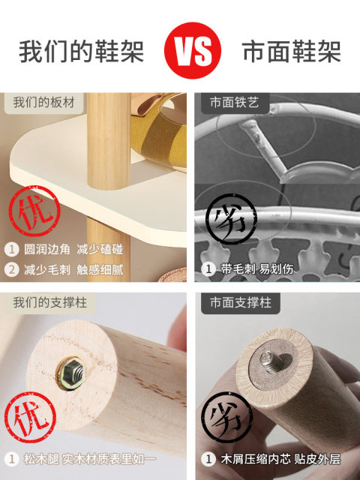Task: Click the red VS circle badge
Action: click(193, 50)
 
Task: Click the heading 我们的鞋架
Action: click(82, 52)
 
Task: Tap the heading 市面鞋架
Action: click(292, 52)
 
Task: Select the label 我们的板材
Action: click(43, 103)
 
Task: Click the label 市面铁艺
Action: click(235, 103)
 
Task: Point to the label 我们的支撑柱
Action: click(50, 303)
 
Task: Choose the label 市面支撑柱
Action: click(241, 303)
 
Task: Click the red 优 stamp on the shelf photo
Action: click(34, 211)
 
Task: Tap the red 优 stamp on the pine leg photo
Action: click(30, 417)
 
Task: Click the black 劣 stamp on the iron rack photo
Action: click(231, 218)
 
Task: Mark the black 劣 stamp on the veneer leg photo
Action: click(227, 417)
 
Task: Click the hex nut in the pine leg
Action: click(71, 373)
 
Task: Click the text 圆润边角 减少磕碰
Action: click(73, 250)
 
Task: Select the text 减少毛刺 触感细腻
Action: click(73, 270)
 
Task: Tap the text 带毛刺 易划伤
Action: click(256, 269)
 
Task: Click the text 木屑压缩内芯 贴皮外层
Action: click(280, 459)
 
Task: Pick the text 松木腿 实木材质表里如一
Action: click(90, 459)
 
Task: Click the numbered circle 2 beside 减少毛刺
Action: click(12, 270)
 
